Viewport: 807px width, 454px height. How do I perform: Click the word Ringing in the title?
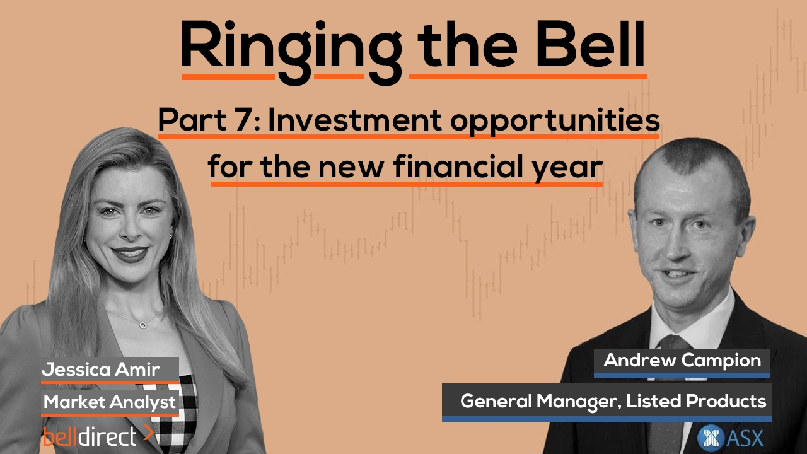pyautogui.click(x=291, y=50)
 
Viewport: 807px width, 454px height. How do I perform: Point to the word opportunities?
pyautogui.click(x=555, y=122)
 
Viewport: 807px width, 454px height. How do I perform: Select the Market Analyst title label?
pyautogui.click(x=110, y=402)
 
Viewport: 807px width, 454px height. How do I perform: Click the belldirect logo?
pyautogui.click(x=98, y=436)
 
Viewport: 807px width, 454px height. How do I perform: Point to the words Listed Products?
pyautogui.click(x=697, y=402)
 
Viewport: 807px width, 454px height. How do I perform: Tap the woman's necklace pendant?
pyautogui.click(x=143, y=325)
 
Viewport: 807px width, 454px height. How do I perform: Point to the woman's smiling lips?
pyautogui.click(x=130, y=253)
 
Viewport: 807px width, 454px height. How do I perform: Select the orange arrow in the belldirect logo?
pyautogui.click(x=148, y=433)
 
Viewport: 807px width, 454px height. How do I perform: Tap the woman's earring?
pyautogui.click(x=171, y=236)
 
